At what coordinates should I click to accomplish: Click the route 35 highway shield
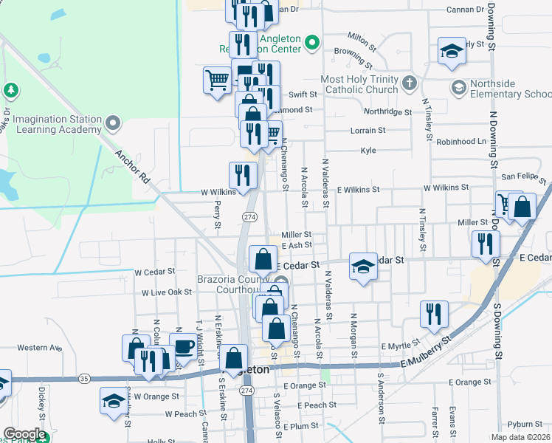tap(84, 379)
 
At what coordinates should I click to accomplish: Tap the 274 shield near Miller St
tap(249, 216)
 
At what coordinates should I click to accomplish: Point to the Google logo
tap(24, 435)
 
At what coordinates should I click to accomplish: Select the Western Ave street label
tap(39, 348)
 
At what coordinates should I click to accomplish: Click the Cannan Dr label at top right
tap(465, 10)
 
